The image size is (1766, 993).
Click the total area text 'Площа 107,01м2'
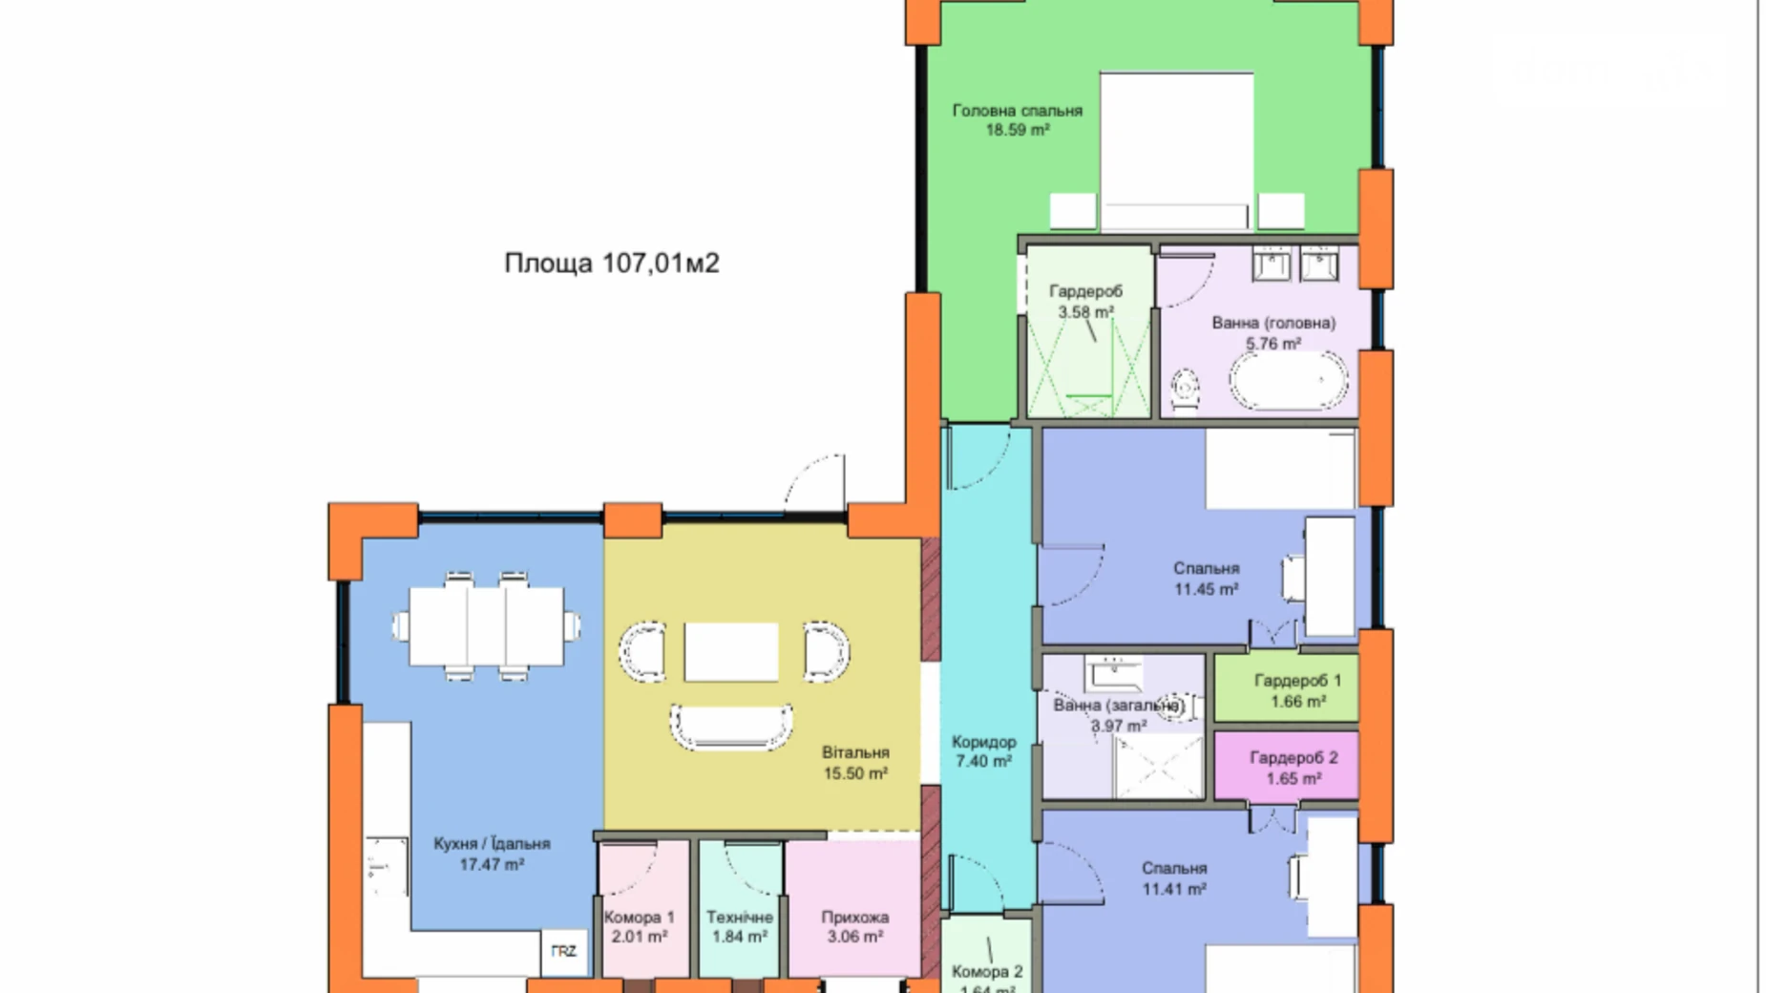pyautogui.click(x=611, y=263)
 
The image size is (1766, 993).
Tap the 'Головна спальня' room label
pyautogui.click(x=1017, y=111)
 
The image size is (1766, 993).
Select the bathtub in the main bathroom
pyautogui.click(x=1288, y=381)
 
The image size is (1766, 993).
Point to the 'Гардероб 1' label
pyautogui.click(x=1297, y=681)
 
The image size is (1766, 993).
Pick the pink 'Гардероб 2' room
pyautogui.click(x=1286, y=767)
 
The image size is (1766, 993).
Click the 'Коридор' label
pyautogui.click(x=983, y=742)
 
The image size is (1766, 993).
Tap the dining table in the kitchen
pyautogui.click(x=486, y=626)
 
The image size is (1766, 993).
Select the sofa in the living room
pyautogui.click(x=731, y=728)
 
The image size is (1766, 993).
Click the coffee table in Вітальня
pyautogui.click(x=731, y=652)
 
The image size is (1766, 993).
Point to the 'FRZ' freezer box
pyautogui.click(x=563, y=951)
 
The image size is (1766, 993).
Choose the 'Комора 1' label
pyautogui.click(x=639, y=918)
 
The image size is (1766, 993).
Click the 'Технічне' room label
pyautogui.click(x=739, y=918)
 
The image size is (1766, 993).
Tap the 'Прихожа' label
pyautogui.click(x=854, y=918)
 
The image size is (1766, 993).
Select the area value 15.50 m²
pyautogui.click(x=855, y=773)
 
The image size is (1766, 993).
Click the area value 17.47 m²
pyautogui.click(x=492, y=865)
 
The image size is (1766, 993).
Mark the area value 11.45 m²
pyautogui.click(x=1206, y=590)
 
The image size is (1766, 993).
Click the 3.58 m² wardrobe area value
pyautogui.click(x=1085, y=312)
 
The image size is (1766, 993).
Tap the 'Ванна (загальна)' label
pyautogui.click(x=1118, y=706)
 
